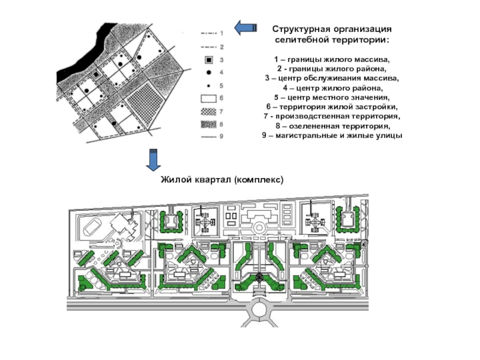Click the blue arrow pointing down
[154, 160]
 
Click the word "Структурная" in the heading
[298, 29]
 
